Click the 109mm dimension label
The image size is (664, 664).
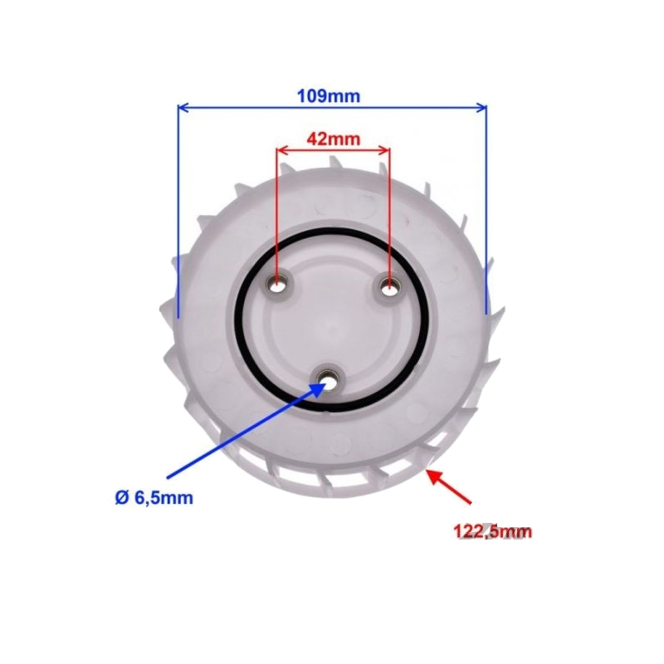[x=329, y=96]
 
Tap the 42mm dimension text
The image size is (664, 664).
[x=334, y=139]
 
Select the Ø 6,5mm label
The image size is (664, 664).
[x=154, y=497]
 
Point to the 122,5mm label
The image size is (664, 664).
[x=492, y=531]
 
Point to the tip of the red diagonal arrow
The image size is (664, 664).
[x=426, y=470]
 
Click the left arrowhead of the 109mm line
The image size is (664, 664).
[x=178, y=108]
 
